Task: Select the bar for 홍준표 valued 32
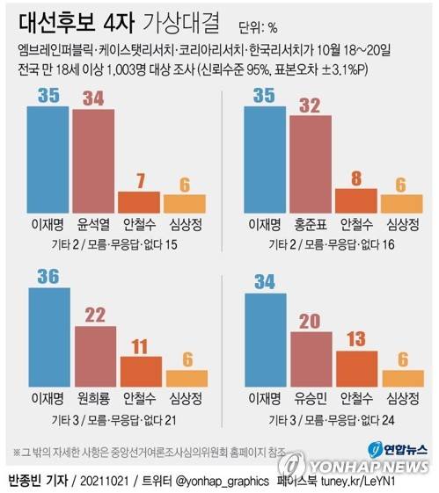310,162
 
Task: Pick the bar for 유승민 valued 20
310,359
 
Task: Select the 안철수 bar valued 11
140,372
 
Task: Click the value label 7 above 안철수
140,179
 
